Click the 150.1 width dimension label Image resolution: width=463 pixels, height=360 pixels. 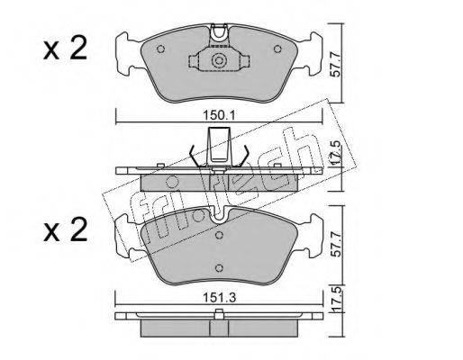219,116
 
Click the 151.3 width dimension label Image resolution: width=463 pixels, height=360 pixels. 220,298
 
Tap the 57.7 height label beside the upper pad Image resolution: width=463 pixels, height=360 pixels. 335,64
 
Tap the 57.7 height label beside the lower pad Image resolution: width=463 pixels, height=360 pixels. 336,243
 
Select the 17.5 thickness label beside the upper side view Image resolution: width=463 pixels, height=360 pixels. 337,152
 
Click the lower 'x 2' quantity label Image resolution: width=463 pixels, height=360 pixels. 65,229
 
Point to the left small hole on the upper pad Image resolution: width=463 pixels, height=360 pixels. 160,49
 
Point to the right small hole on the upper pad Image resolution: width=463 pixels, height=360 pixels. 277,49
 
